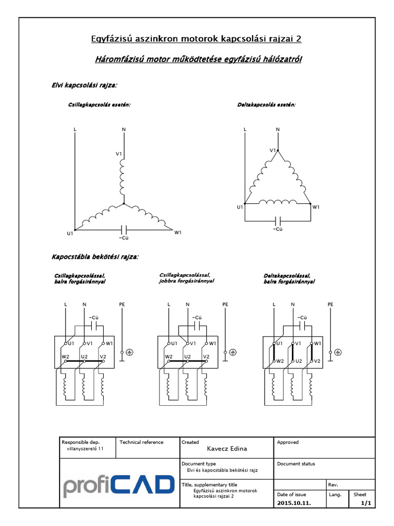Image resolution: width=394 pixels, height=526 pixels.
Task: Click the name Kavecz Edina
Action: click(x=227, y=448)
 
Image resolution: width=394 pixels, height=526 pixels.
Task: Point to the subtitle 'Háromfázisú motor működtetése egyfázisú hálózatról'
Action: click(x=199, y=60)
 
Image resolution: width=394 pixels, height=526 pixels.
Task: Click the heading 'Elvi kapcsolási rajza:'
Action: click(x=85, y=84)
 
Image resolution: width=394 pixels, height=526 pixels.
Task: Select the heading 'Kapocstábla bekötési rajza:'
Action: click(x=95, y=256)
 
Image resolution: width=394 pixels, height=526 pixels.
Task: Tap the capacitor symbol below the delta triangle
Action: click(x=278, y=220)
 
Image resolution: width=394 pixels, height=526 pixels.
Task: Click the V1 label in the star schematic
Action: click(x=119, y=154)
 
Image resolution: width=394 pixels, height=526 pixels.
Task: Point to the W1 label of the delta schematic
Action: click(x=316, y=207)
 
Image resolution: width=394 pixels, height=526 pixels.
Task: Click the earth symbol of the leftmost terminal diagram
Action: click(x=130, y=352)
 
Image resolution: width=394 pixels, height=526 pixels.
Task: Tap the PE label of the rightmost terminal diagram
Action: click(x=330, y=305)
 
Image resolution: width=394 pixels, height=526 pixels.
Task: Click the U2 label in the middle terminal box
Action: click(x=187, y=356)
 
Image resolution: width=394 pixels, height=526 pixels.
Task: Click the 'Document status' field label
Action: click(x=296, y=464)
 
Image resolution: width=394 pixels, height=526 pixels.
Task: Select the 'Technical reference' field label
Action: click(x=141, y=442)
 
